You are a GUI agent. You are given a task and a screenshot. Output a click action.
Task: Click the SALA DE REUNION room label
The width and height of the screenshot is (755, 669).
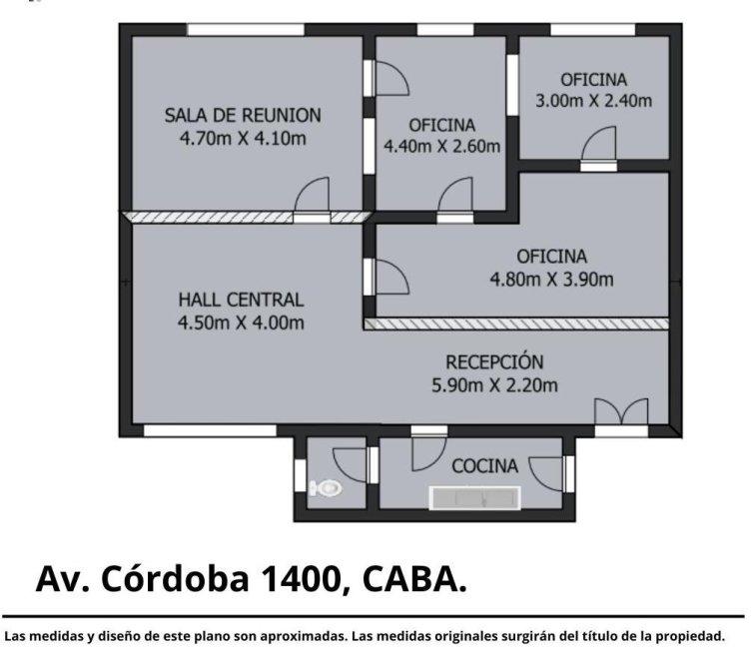(x=243, y=116)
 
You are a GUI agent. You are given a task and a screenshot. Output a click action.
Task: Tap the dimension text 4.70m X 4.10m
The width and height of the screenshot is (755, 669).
(x=243, y=139)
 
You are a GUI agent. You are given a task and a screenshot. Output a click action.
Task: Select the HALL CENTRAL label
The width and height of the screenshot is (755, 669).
(x=241, y=300)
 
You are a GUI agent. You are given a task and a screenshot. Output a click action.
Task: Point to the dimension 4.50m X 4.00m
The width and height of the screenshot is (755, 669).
(x=241, y=323)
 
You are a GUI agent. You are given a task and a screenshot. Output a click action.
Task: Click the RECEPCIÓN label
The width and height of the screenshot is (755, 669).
(x=494, y=361)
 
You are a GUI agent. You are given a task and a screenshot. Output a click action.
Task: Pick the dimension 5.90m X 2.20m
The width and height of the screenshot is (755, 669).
(x=494, y=385)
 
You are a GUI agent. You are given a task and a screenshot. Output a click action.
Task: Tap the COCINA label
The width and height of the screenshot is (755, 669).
(x=485, y=466)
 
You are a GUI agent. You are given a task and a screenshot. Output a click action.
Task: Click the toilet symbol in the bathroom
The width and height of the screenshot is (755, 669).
(x=326, y=488)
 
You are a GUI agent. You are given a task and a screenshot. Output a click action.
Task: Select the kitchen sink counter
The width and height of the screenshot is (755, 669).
(x=474, y=497)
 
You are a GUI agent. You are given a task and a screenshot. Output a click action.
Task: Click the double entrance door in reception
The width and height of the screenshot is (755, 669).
(x=621, y=412)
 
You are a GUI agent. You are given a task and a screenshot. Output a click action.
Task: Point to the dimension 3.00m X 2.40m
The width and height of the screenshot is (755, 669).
(x=593, y=101)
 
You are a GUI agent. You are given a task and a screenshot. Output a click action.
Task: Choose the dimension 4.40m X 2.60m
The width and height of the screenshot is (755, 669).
(x=441, y=146)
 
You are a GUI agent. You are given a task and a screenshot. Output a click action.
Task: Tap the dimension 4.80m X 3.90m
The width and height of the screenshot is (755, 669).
(x=552, y=280)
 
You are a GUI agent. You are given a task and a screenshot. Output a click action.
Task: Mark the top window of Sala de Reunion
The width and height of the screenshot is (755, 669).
(x=246, y=30)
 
